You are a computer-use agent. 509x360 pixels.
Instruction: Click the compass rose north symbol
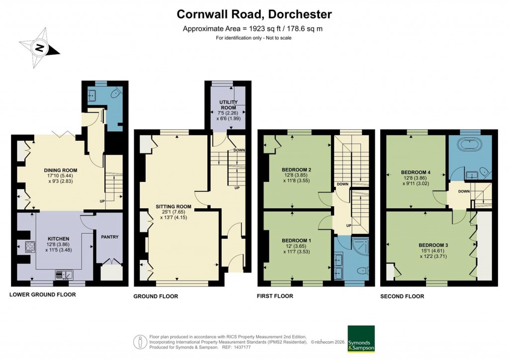(39, 49)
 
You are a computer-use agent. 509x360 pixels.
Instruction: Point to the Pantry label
(109, 237)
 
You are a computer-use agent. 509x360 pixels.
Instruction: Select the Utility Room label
(229, 104)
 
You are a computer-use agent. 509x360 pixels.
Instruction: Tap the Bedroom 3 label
(433, 245)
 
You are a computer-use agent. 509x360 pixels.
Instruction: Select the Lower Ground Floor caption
(43, 295)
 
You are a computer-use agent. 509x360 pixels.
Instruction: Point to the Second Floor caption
(402, 296)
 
